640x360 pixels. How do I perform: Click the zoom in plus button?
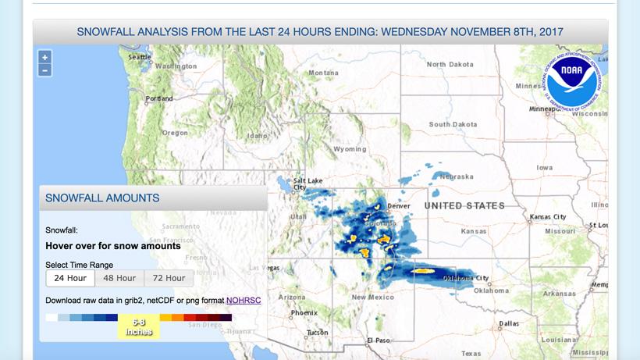coord(45,57)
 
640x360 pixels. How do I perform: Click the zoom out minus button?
coord(45,70)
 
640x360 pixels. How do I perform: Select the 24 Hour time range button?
coord(70,278)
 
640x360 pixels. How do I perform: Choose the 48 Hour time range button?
coord(119,278)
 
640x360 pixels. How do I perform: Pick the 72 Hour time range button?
coord(169,278)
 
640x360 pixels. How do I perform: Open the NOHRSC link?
coord(244,300)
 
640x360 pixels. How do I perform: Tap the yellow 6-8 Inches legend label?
coord(138,326)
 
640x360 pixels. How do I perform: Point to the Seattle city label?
coord(140,57)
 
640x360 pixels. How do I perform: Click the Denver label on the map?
coord(399,206)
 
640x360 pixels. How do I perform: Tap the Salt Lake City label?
coord(307,184)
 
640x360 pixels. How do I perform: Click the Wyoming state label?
coord(350,149)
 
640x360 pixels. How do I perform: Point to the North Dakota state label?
coord(450,65)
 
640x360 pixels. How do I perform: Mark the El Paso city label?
coord(378,340)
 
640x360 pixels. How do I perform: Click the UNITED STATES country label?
coord(464,205)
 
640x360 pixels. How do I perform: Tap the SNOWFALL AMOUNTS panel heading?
coord(102,198)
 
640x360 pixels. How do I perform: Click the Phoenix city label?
coord(304,313)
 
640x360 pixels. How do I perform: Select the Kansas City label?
coord(548,217)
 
